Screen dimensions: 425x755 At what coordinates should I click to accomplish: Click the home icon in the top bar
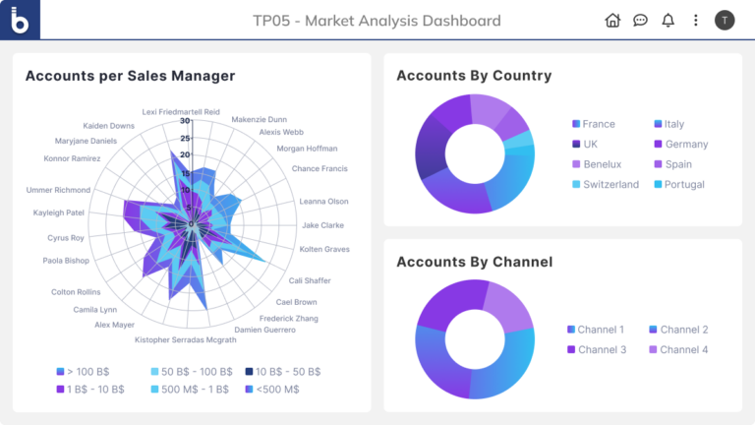tap(612, 20)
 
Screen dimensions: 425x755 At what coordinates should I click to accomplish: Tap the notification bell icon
tap(668, 20)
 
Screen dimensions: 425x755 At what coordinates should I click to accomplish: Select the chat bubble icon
tap(640, 20)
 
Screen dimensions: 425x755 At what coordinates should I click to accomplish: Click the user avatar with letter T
tap(725, 20)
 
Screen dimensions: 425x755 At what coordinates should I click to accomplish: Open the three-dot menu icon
tap(696, 20)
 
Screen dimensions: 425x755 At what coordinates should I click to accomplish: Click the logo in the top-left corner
tap(20, 20)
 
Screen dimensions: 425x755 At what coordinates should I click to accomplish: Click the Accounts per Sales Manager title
tap(130, 76)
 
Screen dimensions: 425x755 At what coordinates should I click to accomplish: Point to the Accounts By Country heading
tap(474, 76)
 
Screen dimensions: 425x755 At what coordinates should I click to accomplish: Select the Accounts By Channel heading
tap(474, 262)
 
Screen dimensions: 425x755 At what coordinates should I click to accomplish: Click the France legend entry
tap(598, 124)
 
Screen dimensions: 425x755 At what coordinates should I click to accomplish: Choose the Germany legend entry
tap(685, 145)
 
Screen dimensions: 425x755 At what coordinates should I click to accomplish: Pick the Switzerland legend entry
tap(610, 185)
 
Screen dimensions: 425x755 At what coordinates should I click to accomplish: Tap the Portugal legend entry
tap(683, 185)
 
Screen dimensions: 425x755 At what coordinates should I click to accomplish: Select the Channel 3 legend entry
tap(601, 350)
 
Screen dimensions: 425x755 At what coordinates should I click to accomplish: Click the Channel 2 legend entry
tap(683, 330)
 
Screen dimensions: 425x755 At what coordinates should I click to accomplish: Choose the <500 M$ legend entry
tap(276, 389)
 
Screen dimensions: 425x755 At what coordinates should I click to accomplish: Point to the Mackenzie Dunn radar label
tap(259, 120)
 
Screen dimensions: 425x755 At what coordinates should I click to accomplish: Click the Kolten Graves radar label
tap(323, 249)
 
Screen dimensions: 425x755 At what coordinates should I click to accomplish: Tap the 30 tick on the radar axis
tap(185, 122)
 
